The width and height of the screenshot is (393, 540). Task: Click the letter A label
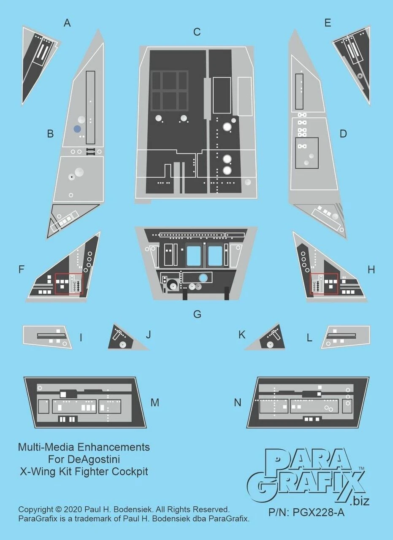coord(67,23)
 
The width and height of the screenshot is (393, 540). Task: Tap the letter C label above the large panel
coord(197,32)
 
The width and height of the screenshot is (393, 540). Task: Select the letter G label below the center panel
coord(197,314)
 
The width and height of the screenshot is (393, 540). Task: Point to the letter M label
coord(155,402)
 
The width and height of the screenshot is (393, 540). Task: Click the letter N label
coord(238,402)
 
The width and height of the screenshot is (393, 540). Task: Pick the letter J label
coord(148,335)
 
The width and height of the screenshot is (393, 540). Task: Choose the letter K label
coord(242,335)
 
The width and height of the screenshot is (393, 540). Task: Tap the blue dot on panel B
coord(77,130)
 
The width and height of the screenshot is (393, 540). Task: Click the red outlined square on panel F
coord(69,284)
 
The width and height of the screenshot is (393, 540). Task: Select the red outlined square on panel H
coord(324,284)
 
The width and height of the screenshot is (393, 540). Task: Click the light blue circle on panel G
coord(203,278)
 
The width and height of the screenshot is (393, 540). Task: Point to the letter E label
coord(328,23)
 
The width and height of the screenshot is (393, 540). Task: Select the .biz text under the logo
coord(360,501)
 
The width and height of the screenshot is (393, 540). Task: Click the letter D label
coord(343,134)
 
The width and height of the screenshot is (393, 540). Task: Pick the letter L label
coord(309,338)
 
